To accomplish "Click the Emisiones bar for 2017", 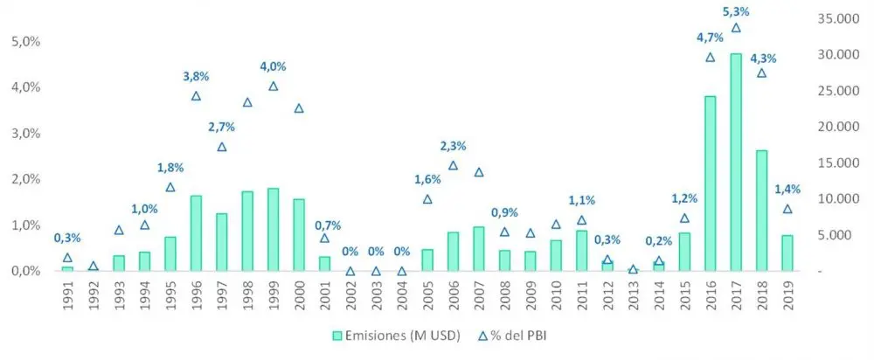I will [736, 163].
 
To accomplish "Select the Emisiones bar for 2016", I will [711, 183].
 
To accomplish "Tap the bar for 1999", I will [274, 229].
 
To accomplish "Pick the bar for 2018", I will [761, 211].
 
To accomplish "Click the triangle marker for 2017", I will [736, 28].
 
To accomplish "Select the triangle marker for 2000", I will [299, 108].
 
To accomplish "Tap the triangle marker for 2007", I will [479, 172].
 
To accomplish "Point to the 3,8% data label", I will [197, 76].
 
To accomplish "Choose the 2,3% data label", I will [453, 146].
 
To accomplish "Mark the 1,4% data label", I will [787, 190].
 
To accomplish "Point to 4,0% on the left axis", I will [24, 87].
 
